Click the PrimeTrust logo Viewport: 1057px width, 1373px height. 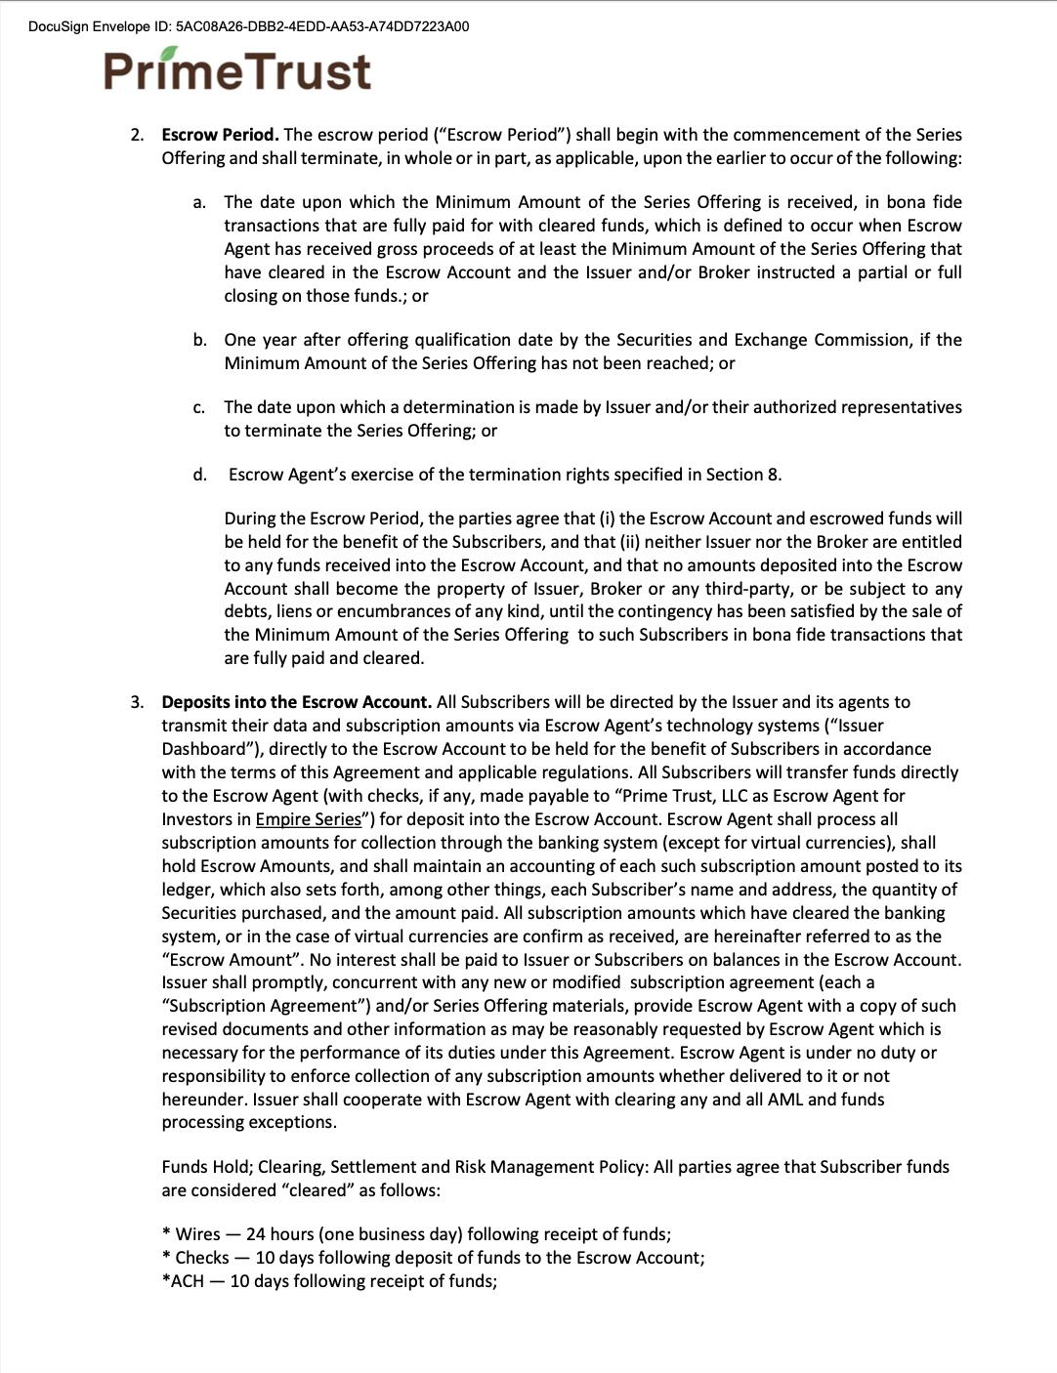tap(237, 71)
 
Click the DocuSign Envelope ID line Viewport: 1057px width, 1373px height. tap(248, 26)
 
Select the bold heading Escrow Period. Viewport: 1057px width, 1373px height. tap(220, 135)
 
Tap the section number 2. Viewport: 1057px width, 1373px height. tap(137, 135)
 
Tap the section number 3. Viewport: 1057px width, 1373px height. tap(137, 702)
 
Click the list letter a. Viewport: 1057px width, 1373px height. tap(199, 202)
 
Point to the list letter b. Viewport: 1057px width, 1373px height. tap(199, 340)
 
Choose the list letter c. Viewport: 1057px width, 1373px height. tap(199, 407)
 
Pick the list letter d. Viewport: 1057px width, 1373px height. tap(199, 475)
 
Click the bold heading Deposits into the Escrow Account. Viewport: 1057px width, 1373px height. tap(296, 702)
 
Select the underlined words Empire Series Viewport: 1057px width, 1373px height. tap(308, 819)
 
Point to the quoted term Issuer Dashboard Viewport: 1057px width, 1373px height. tap(205, 749)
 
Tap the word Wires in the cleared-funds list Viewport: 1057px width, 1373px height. tap(197, 1234)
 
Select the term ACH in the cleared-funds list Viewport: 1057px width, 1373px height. tap(186, 1281)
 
